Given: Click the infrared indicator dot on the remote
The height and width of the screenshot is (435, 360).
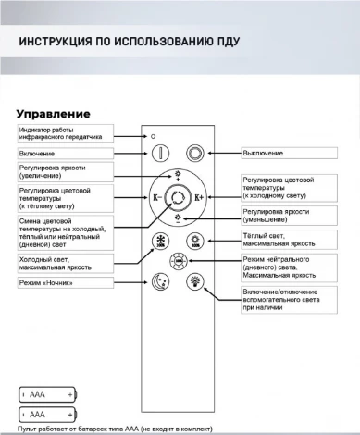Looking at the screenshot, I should click(x=153, y=135).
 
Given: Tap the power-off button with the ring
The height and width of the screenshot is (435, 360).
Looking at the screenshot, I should click(x=194, y=153).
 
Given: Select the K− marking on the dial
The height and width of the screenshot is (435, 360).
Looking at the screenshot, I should click(x=156, y=197).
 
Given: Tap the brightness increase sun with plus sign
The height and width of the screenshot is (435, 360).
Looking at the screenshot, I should click(x=178, y=175).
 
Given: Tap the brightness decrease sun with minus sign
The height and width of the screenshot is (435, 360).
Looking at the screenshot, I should click(x=178, y=219).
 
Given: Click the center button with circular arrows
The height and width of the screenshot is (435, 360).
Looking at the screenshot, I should click(x=178, y=197).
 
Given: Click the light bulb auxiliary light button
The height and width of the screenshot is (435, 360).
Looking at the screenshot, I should click(x=194, y=281).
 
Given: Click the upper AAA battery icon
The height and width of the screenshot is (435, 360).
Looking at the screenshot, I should click(x=47, y=393).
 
